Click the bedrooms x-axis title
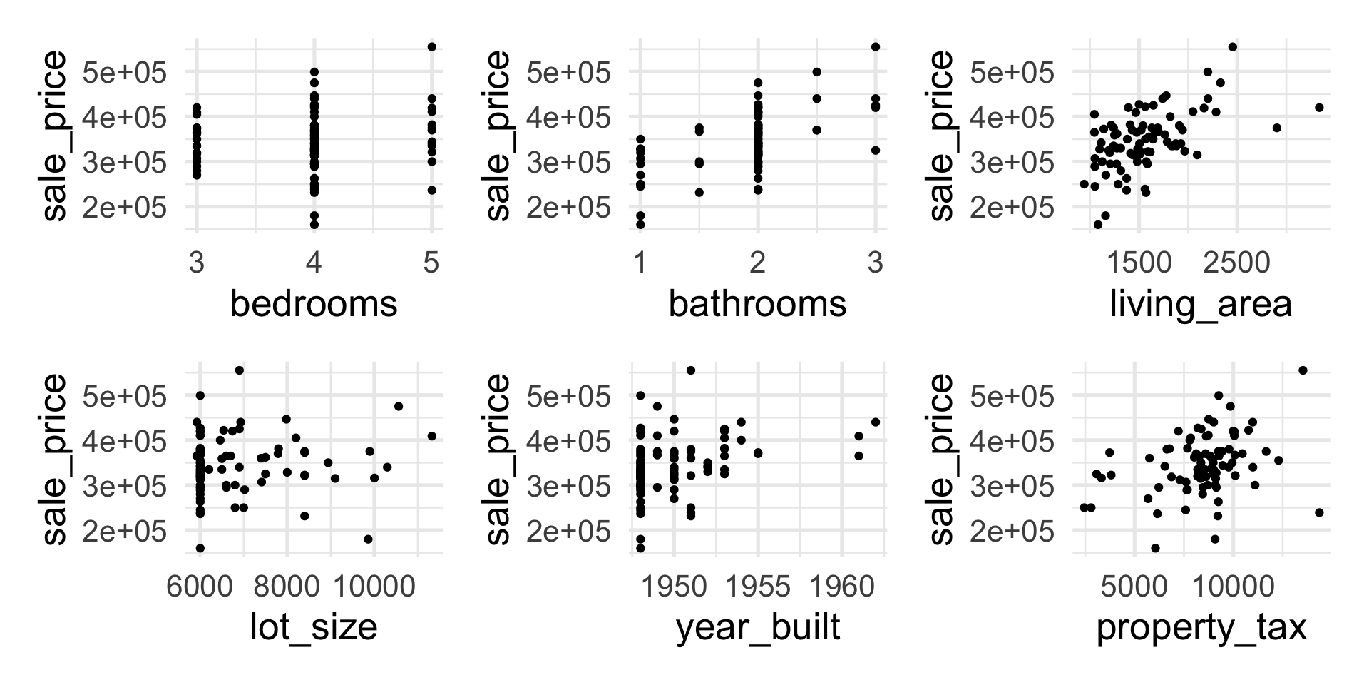click(x=313, y=305)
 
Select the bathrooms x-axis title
click(x=757, y=305)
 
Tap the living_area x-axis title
click(x=1201, y=305)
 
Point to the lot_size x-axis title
click(x=313, y=628)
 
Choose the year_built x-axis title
click(x=757, y=628)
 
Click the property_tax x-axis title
click(x=1201, y=628)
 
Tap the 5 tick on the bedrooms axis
click(x=431, y=264)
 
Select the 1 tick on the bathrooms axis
click(x=640, y=264)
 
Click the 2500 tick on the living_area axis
click(x=1237, y=264)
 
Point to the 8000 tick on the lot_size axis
click(x=287, y=587)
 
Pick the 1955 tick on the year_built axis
click(x=758, y=587)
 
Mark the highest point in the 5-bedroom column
click(x=431, y=47)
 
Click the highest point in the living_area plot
click(x=1232, y=47)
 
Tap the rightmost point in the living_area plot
click(x=1319, y=108)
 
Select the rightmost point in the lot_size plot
click(x=431, y=436)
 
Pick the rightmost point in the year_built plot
click(x=876, y=422)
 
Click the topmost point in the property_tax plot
click(x=1303, y=370)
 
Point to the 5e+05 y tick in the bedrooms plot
click(x=125, y=72)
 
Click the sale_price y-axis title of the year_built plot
click(x=498, y=460)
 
